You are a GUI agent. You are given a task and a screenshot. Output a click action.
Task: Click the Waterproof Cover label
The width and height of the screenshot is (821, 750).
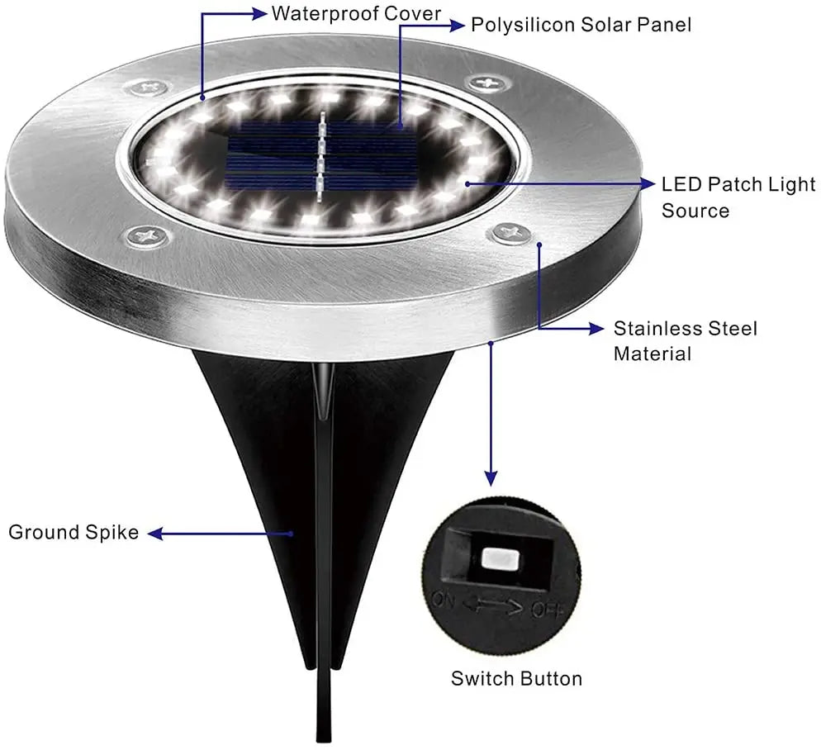tap(356, 14)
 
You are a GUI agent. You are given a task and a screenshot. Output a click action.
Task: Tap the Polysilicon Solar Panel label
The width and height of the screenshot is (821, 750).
tap(581, 25)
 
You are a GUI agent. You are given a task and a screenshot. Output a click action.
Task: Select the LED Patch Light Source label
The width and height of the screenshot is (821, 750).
tap(738, 197)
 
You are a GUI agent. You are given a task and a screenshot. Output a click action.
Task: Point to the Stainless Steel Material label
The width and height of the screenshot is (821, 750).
tap(685, 341)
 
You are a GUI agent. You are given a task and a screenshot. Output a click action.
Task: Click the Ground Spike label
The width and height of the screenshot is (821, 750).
tap(74, 532)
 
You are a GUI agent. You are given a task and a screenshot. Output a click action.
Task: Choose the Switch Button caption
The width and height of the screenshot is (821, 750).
tap(516, 679)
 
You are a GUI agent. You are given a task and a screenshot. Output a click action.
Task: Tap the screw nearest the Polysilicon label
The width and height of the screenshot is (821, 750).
tap(485, 83)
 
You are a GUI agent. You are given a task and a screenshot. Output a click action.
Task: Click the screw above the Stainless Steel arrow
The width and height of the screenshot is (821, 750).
tap(506, 234)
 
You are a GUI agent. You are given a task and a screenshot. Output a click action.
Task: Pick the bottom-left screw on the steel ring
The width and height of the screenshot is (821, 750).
tap(147, 238)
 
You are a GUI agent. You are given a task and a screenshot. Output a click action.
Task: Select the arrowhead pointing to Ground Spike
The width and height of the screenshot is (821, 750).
tap(155, 534)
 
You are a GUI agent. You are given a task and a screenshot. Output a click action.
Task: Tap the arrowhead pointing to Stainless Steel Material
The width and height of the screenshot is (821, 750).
tap(596, 329)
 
